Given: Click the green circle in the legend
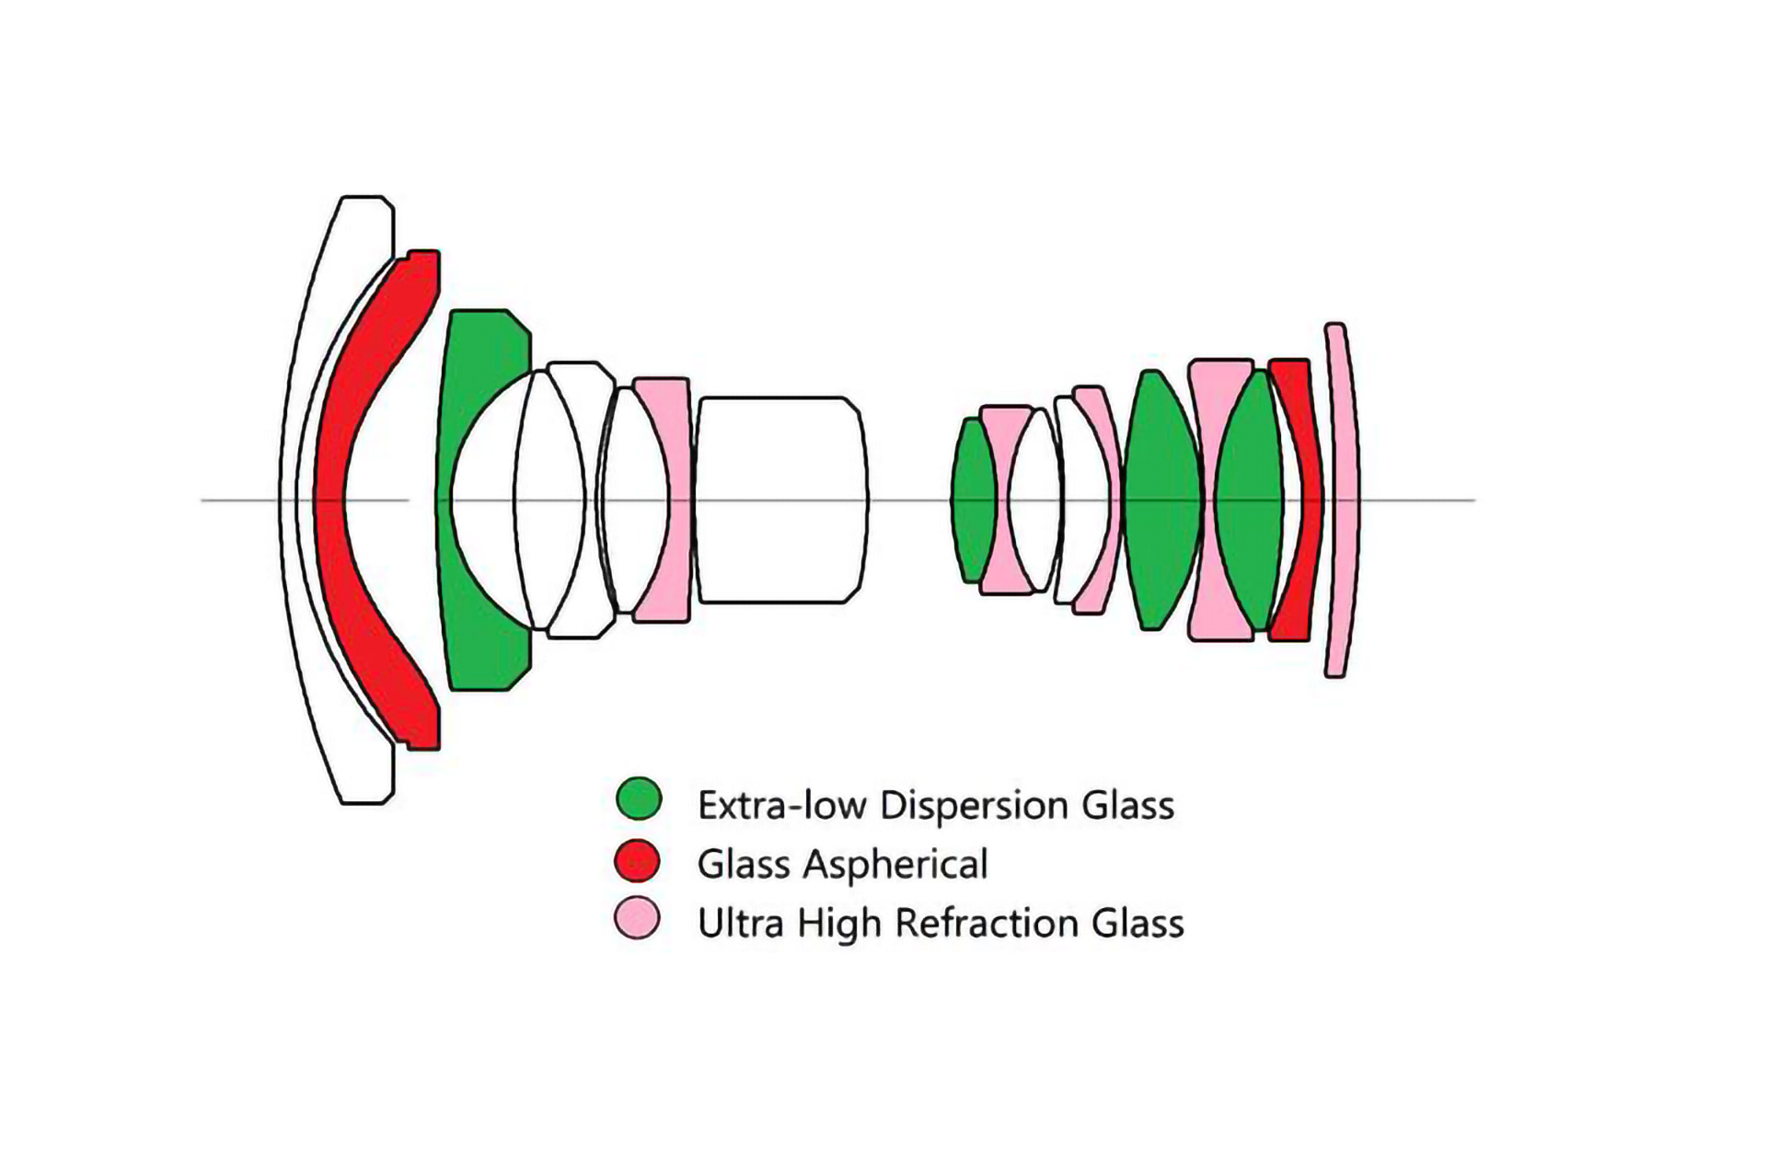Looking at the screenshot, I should pos(639,799).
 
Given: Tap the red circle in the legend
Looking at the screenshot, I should pos(637,861).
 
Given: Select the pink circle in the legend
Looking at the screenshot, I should pos(637,918).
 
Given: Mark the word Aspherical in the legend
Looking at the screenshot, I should pos(895,865).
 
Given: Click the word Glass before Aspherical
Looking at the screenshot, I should pos(744,865).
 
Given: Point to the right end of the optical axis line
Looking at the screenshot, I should pos(1473,500).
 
